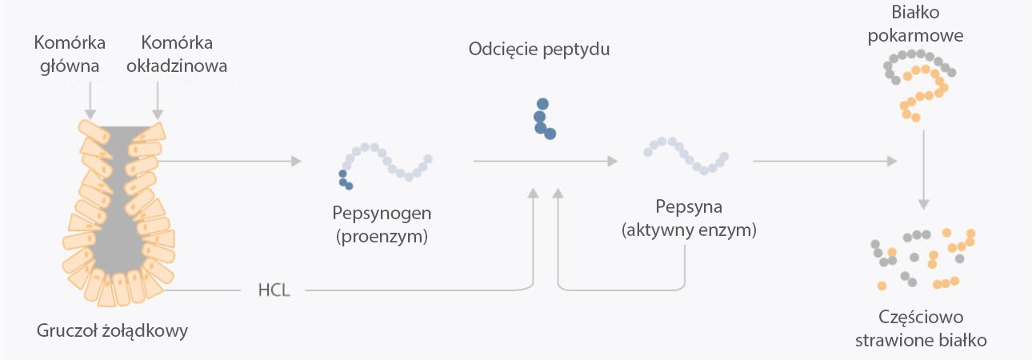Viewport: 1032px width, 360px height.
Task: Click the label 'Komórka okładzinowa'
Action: point(176,54)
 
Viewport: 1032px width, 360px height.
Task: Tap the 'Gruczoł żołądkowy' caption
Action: point(112,330)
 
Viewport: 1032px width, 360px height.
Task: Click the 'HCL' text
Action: point(274,289)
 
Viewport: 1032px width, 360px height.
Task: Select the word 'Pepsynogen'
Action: point(382,214)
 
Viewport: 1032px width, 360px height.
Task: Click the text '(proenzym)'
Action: point(382,236)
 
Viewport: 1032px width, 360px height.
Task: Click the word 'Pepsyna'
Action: point(689,208)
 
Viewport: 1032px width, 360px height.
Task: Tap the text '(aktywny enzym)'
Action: point(689,230)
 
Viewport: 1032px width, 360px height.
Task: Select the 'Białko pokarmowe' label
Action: point(925,25)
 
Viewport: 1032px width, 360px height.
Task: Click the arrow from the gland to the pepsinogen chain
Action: point(232,161)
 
